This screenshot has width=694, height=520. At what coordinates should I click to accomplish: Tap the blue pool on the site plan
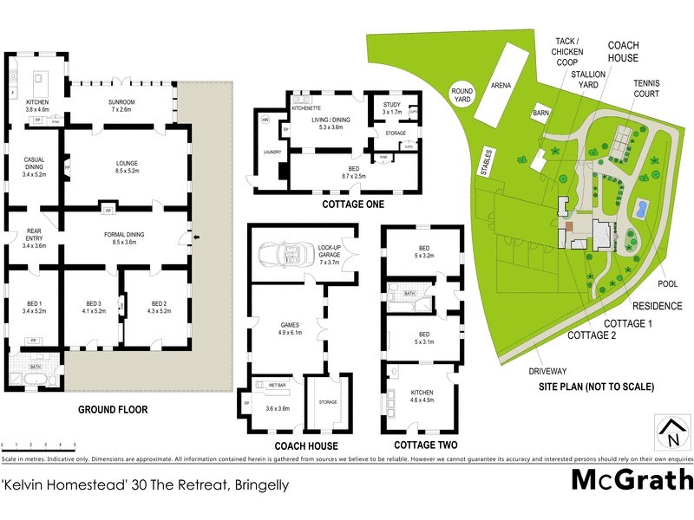click(x=641, y=209)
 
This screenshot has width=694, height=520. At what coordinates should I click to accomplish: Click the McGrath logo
click(x=632, y=479)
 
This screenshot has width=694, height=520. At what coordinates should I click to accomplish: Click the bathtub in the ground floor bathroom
click(x=28, y=380)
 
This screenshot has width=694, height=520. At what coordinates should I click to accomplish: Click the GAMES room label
click(x=288, y=325)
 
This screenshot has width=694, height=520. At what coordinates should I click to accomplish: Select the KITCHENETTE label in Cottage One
click(x=307, y=107)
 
